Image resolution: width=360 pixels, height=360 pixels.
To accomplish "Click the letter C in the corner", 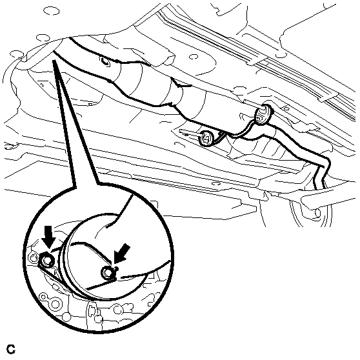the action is point(11,349).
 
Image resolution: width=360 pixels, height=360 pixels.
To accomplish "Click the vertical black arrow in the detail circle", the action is point(48,237).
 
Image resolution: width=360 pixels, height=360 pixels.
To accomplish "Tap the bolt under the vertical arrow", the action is point(47,260).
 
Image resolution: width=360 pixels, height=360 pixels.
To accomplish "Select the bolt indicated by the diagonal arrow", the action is point(107,272).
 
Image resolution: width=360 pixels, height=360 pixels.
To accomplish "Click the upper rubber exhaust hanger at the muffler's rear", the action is point(264,114).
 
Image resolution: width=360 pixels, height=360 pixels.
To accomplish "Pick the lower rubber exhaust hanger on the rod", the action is point(206,138).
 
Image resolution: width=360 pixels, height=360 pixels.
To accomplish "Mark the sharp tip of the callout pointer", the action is point(54,61).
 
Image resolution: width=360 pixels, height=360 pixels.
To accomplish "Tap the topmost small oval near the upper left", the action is point(51,10).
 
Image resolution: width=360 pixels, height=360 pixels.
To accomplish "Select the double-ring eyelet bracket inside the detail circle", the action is point(52,300).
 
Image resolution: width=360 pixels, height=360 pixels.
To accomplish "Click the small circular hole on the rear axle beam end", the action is point(317,213).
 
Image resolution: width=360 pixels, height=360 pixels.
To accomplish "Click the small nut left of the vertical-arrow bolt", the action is point(32,257).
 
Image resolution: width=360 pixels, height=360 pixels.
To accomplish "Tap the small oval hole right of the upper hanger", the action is point(286,108).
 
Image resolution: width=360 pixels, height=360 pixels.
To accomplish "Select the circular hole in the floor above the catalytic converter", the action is point(194,57).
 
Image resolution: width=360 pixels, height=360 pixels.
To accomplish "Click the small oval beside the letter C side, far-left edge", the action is point(9,146).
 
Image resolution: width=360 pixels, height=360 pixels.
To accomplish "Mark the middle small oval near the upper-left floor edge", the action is point(41,38).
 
